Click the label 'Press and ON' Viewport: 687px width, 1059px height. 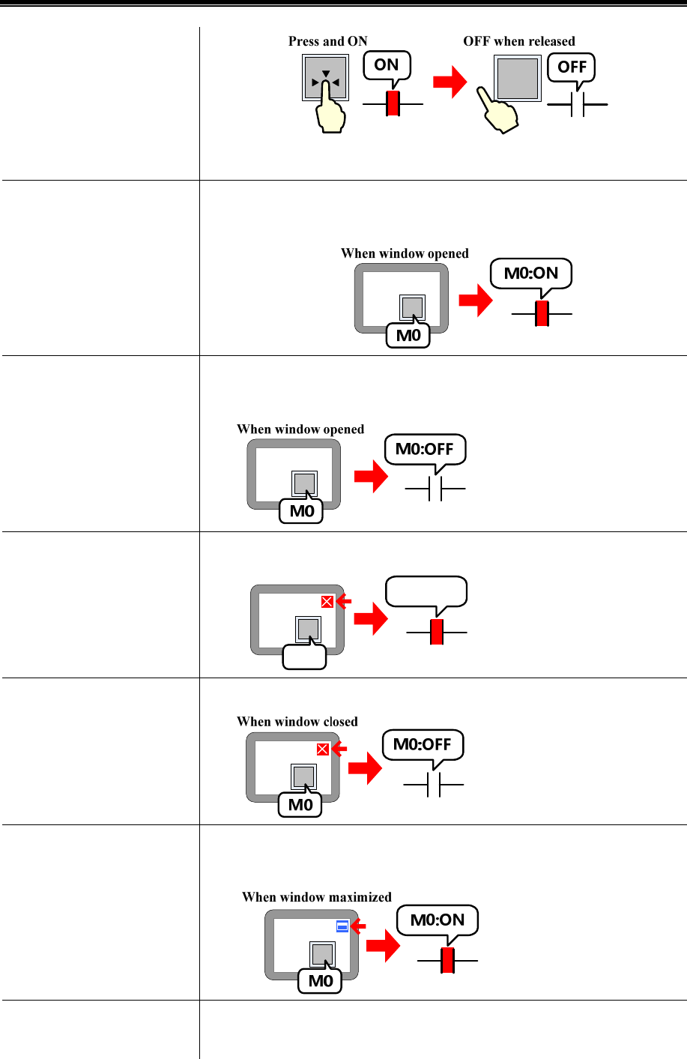327,41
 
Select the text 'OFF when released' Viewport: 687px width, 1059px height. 518,41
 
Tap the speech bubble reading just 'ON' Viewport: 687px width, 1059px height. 387,65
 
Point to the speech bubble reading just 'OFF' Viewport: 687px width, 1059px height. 572,67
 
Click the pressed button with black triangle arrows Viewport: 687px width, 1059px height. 325,78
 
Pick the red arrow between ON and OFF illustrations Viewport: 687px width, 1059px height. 450,82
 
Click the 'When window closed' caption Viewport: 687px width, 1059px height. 297,722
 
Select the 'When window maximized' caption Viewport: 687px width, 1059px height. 316,897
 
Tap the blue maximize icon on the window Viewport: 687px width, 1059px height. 342,926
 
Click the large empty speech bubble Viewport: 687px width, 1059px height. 426,591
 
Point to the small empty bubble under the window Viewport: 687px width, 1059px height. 304,657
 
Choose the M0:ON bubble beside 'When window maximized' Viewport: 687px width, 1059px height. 438,920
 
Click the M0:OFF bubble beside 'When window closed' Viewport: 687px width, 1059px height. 423,744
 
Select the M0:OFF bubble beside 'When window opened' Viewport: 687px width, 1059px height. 425,449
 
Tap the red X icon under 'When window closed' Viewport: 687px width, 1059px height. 322,749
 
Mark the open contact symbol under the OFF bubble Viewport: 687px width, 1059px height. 577,106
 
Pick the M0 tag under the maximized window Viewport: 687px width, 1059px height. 320,981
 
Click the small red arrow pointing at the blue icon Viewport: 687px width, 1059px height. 358,926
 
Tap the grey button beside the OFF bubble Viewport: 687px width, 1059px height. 517,78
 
